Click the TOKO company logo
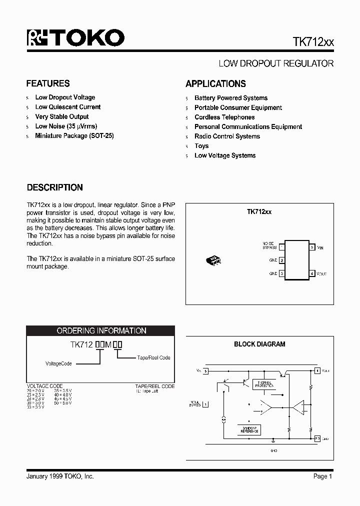click(75, 38)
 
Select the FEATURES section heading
click(48, 83)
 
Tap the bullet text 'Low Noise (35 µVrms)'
click(66, 126)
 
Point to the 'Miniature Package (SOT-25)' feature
click(74, 136)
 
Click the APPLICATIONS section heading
click(215, 84)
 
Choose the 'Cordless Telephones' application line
click(224, 117)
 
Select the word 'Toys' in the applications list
click(201, 146)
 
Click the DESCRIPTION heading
click(54, 188)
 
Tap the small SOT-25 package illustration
click(214, 260)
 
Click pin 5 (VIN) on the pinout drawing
click(312, 247)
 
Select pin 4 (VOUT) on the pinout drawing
click(312, 273)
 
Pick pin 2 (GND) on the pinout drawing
click(282, 260)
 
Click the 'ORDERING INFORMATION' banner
click(101, 331)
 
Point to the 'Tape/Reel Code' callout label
click(154, 358)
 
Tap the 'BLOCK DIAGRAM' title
click(259, 344)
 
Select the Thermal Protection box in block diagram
click(264, 384)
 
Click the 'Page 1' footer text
click(322, 476)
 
